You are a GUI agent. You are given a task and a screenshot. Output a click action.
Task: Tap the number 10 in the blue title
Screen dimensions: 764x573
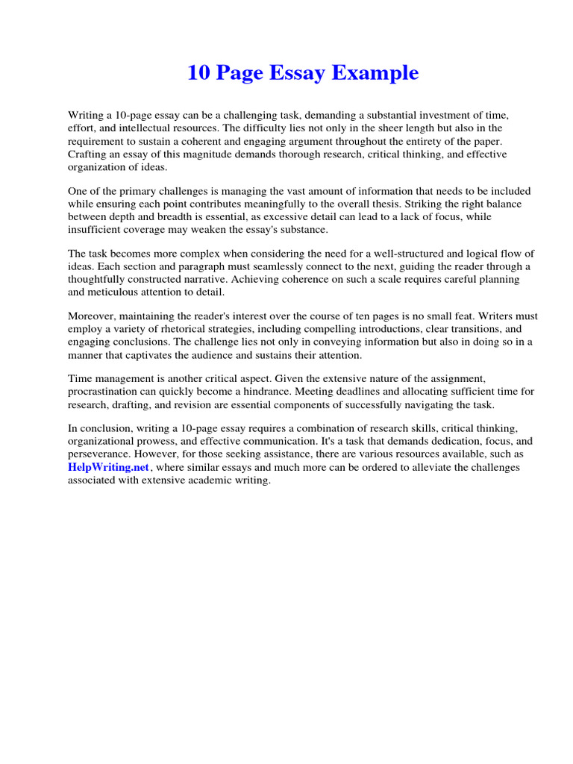197,73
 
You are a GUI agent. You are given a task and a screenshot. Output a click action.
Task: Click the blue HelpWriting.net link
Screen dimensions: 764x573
110,467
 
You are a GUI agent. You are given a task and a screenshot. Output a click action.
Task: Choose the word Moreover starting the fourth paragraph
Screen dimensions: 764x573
92,316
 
